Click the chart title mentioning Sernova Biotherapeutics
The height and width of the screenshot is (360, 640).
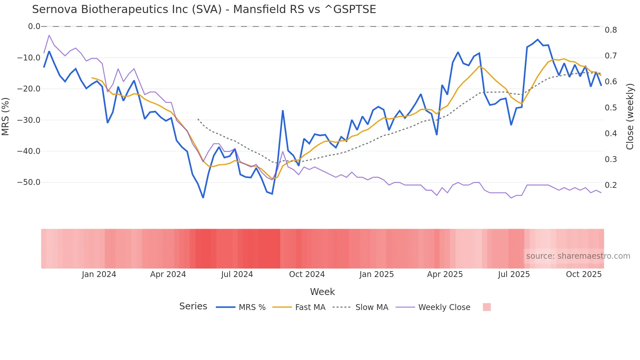204,9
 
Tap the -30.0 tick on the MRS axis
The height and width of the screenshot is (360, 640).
29,120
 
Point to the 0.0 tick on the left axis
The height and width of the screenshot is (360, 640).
34,26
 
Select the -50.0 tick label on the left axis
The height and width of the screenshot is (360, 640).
29,182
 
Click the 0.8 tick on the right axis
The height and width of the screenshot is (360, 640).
611,30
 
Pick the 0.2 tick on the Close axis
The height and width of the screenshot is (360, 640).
611,185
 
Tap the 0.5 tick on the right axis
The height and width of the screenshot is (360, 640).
611,108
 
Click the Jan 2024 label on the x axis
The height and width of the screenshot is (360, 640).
99,274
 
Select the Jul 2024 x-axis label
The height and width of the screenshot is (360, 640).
237,274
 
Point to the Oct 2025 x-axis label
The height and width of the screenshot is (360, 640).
584,274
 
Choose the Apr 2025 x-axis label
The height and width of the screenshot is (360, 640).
445,274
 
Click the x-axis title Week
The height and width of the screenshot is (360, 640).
322,292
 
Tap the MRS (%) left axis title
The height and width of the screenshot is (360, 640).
5,117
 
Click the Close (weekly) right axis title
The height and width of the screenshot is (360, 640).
630,117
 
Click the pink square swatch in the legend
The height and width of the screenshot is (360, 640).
487,307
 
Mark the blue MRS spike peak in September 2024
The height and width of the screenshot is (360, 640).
283,111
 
